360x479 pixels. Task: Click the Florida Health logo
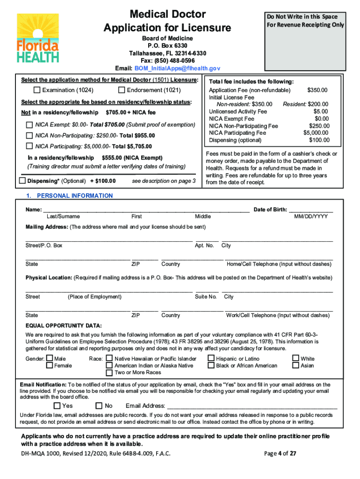coord(38,38)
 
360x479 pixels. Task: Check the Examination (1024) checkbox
coord(37,90)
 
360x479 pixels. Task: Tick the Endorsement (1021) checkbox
coord(122,90)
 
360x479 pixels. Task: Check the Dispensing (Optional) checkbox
coord(22,181)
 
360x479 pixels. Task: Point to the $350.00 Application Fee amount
coord(317,90)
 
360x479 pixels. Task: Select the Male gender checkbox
coord(50,359)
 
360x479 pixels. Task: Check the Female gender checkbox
coord(50,365)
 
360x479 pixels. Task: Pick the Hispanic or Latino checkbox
coord(211,359)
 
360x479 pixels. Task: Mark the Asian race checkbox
coord(295,365)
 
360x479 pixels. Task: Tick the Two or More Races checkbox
coord(109,372)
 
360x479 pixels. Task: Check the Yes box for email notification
coord(57,406)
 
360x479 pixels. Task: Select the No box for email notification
coord(99,406)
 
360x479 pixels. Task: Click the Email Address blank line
coord(252,406)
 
